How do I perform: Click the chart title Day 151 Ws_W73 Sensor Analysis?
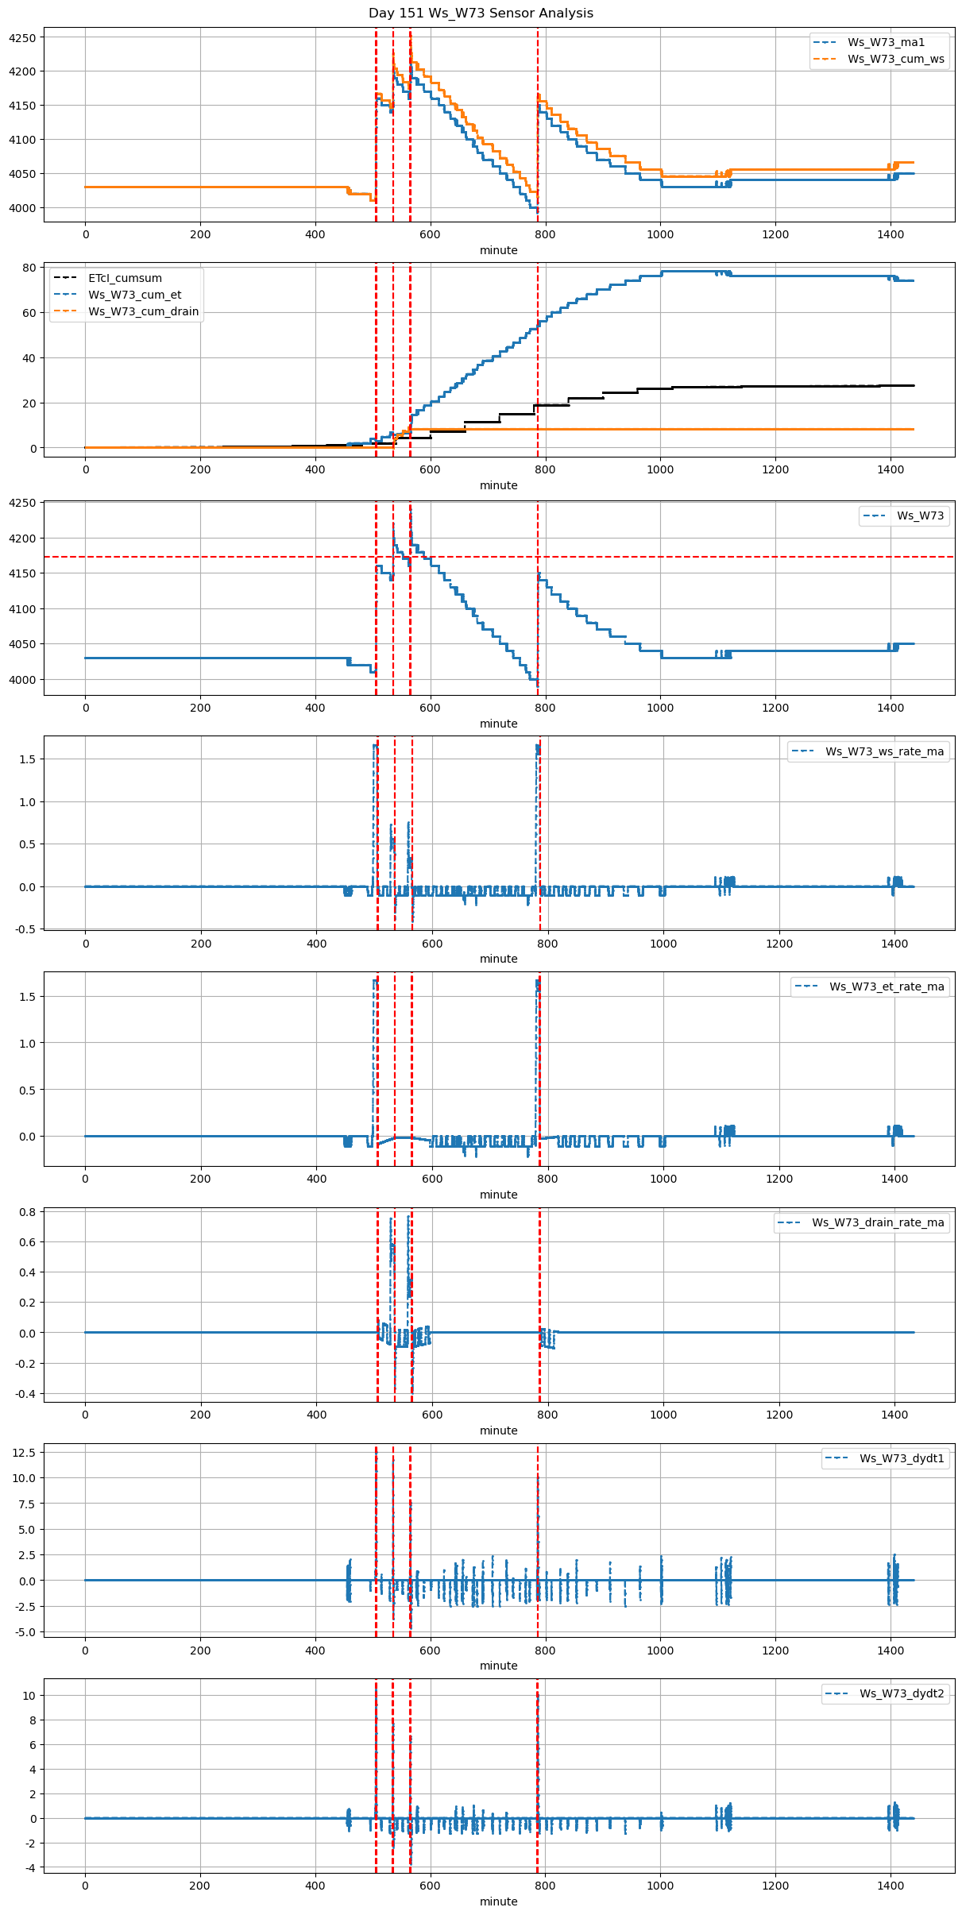pyautogui.click(x=481, y=13)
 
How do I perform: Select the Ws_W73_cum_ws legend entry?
pyautogui.click(x=896, y=59)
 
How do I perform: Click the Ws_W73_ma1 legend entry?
pyautogui.click(x=886, y=42)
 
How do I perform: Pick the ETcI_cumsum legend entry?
pyautogui.click(x=125, y=278)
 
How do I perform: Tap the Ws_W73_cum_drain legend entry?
pyautogui.click(x=143, y=311)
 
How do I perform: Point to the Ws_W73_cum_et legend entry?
pyautogui.click(x=134, y=295)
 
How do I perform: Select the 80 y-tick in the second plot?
pyautogui.click(x=29, y=268)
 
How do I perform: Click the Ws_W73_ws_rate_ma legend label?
pyautogui.click(x=884, y=751)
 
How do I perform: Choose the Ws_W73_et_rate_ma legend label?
pyautogui.click(x=887, y=986)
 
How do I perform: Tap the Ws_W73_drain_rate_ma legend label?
pyautogui.click(x=878, y=1222)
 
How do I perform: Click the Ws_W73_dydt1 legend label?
pyautogui.click(x=902, y=1458)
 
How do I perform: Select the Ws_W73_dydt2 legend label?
pyautogui.click(x=902, y=1693)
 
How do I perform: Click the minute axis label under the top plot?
pyautogui.click(x=498, y=250)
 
